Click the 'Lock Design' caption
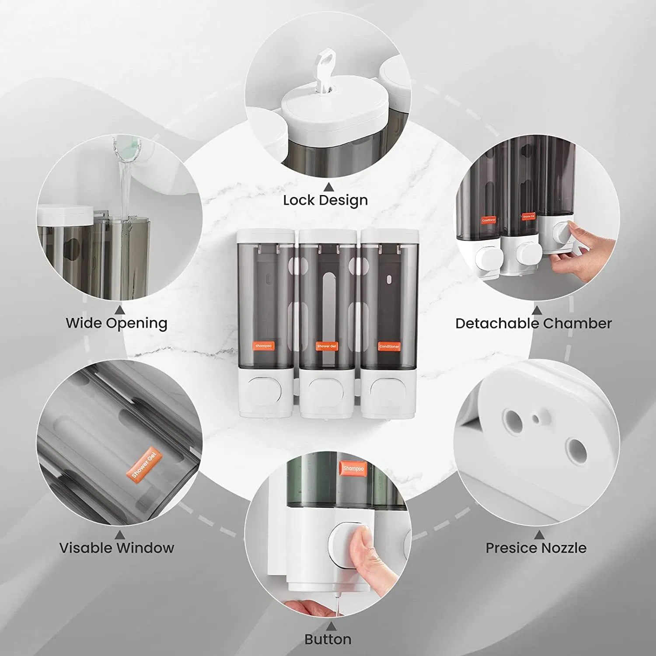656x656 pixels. tap(325, 200)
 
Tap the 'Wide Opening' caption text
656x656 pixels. tap(116, 323)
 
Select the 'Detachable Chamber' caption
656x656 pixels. tap(533, 324)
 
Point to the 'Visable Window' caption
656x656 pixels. tap(116, 548)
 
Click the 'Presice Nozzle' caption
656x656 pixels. tap(536, 548)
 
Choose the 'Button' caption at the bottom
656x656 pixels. tap(328, 639)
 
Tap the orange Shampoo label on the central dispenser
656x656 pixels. tap(263, 346)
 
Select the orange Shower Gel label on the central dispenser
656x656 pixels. tap(326, 346)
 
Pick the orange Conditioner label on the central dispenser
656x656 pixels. tap(389, 346)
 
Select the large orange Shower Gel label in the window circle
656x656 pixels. tap(144, 463)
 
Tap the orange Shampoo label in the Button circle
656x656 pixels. tap(352, 468)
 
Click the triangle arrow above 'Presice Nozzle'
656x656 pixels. tap(539, 534)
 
